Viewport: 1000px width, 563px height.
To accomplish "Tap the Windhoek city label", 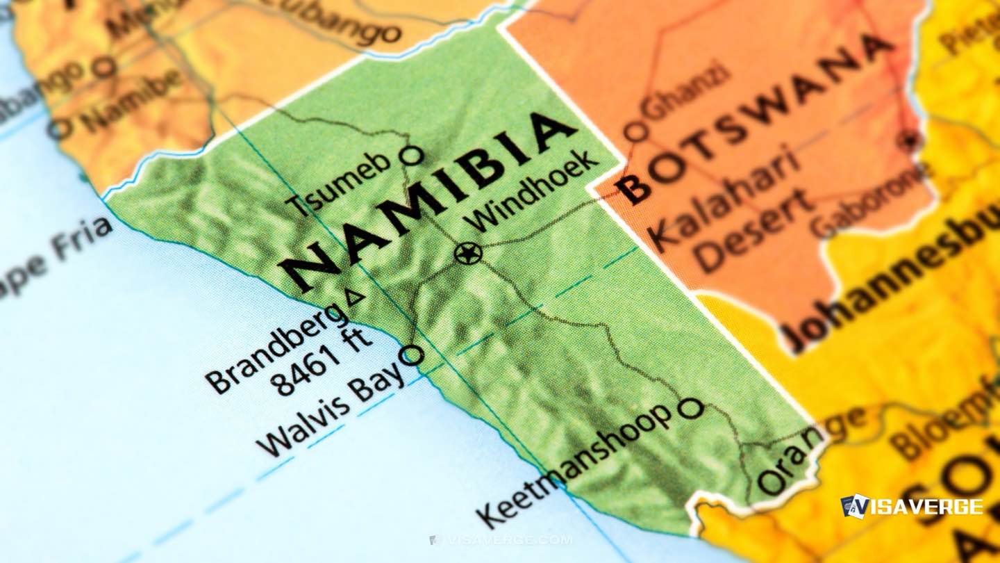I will click(533, 191).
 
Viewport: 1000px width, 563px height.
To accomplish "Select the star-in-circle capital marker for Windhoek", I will click(467, 253).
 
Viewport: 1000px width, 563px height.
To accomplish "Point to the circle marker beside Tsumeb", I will click(412, 155).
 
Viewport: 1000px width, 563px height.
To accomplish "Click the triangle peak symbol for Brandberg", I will click(355, 297).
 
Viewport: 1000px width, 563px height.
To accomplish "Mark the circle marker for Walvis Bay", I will click(412, 355).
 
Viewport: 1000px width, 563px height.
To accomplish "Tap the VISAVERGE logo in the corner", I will click(911, 506).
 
